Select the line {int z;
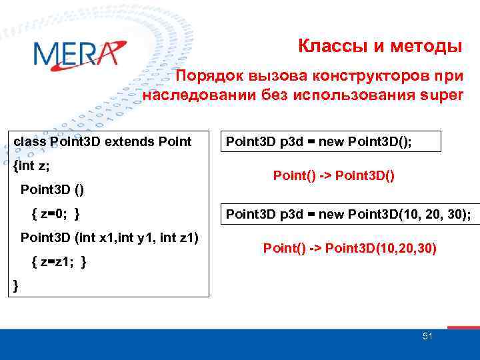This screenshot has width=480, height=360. coord(31,165)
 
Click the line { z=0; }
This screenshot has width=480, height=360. coord(57,213)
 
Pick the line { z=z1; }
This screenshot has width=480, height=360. coord(59,262)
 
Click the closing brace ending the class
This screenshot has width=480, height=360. coord(16,285)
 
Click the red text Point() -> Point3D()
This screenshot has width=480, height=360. coord(334,176)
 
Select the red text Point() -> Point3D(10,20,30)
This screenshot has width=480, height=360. coord(350,248)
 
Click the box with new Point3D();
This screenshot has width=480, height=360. coord(333,141)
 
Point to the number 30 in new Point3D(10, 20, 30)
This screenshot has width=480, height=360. coord(457,214)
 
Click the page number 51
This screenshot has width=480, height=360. coord(427,337)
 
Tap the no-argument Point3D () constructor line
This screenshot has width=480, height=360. coord(53,189)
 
